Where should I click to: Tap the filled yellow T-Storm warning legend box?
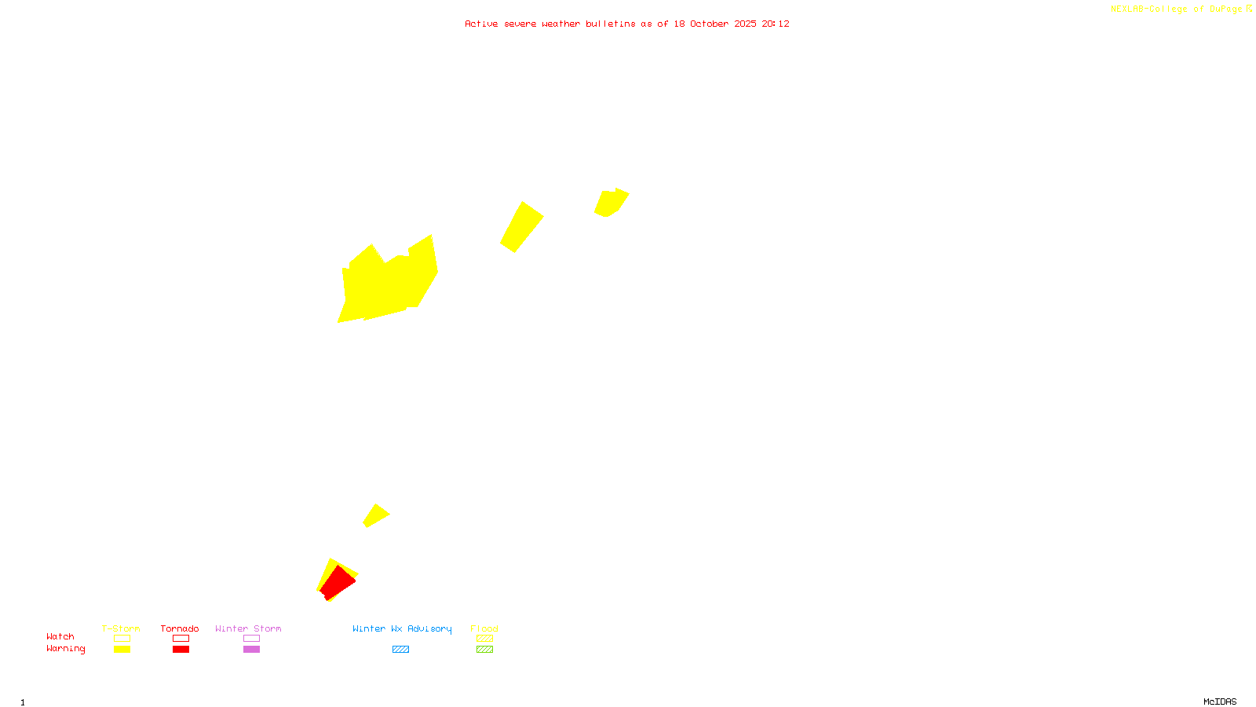(122, 650)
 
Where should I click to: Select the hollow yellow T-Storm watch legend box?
(122, 639)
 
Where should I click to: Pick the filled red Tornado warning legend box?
(181, 650)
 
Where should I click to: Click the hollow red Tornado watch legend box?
(181, 639)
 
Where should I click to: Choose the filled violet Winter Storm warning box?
(251, 650)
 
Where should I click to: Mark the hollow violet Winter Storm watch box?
(251, 639)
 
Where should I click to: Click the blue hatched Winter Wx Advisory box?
(400, 650)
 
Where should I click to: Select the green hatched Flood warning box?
(484, 650)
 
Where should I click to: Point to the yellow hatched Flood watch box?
(484, 639)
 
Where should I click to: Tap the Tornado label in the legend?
(180, 628)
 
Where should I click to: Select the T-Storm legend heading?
(121, 628)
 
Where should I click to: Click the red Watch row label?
(60, 636)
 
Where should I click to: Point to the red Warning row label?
(65, 649)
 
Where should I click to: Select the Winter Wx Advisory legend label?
(402, 628)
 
